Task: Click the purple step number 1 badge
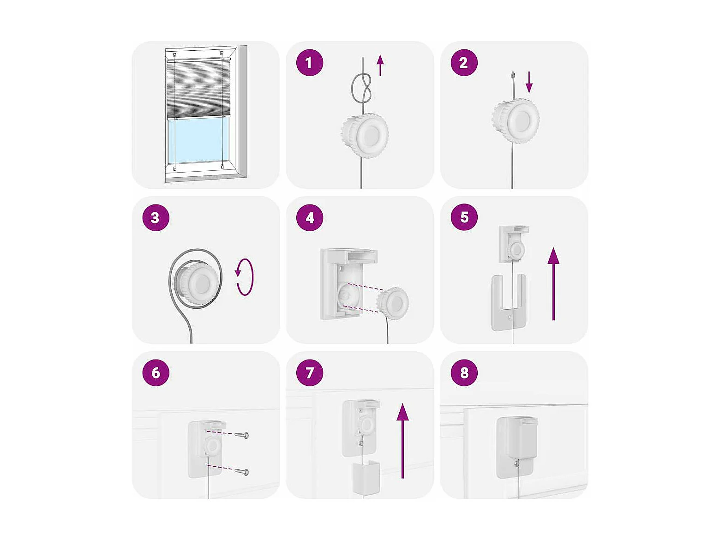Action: (x=309, y=63)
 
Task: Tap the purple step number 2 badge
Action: (x=464, y=63)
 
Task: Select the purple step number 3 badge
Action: (x=156, y=217)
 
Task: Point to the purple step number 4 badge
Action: (x=309, y=217)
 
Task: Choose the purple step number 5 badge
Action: (x=464, y=217)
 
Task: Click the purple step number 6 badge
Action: (x=156, y=372)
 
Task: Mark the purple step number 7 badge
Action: (x=309, y=372)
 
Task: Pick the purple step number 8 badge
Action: (x=464, y=372)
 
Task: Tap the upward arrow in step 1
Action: (x=380, y=65)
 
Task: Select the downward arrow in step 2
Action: (x=529, y=82)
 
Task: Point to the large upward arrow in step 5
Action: (x=553, y=283)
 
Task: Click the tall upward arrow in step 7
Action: (x=402, y=441)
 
